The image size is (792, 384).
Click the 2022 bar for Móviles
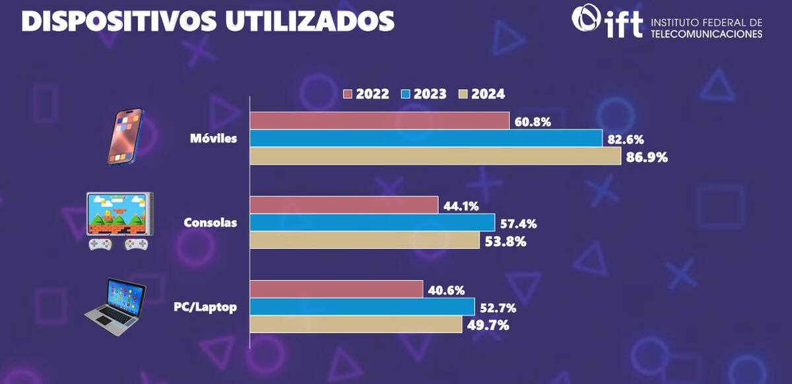coord(379,121)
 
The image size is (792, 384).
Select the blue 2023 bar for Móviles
coord(426,138)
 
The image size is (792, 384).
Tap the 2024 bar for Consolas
coord(365,240)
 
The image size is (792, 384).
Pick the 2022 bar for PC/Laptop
coord(337,289)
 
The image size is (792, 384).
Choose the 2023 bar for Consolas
coord(373,222)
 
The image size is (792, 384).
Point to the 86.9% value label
coord(647,157)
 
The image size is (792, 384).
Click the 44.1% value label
coord(461,206)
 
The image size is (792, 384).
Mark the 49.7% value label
coord(488,325)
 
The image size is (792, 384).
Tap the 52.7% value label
coord(498,308)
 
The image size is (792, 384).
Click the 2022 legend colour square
coord(348,94)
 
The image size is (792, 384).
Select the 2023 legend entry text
coord(430,94)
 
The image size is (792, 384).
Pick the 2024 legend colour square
coord(463,94)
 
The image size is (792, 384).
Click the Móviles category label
coord(214,139)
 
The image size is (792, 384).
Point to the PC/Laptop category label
coord(205,307)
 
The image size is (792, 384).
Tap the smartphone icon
coord(125,137)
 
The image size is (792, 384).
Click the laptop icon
coord(115,307)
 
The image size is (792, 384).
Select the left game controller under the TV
coord(100,244)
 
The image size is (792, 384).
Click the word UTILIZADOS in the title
coord(310,21)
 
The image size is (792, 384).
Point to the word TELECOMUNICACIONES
coord(706,34)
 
